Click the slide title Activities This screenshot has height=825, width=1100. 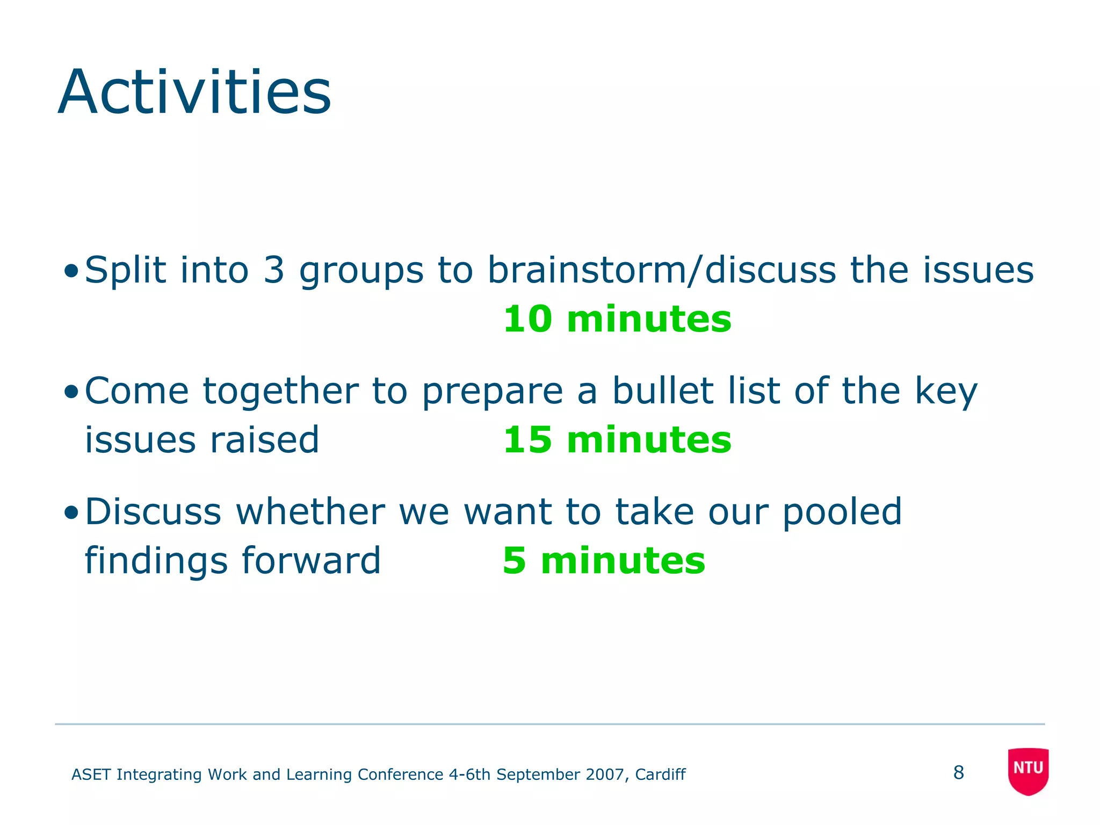click(194, 92)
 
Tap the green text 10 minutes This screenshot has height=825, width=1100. click(617, 319)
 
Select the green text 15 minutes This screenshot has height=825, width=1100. click(617, 439)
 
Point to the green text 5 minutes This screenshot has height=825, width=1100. click(604, 560)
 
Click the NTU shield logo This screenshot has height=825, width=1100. click(1028, 771)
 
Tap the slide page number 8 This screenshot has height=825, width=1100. click(959, 772)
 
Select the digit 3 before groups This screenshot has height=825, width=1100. click(273, 270)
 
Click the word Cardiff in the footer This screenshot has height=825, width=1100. click(660, 775)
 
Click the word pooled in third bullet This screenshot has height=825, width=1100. click(842, 512)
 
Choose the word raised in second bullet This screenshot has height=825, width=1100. click(264, 440)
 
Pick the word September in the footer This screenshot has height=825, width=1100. click(539, 775)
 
